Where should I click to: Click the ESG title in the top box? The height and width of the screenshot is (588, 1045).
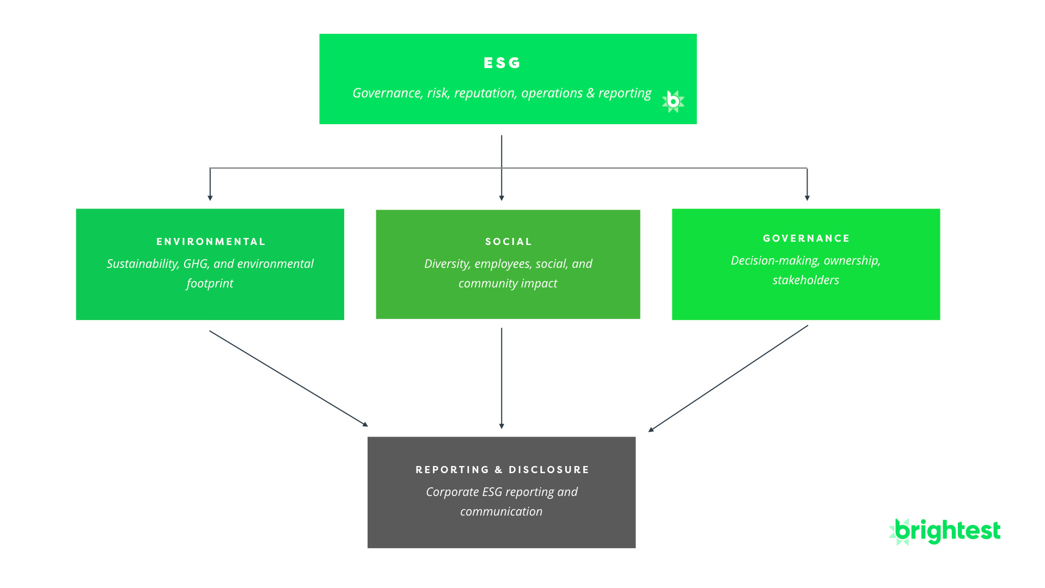pyautogui.click(x=502, y=63)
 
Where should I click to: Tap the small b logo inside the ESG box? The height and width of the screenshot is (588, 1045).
pyautogui.click(x=673, y=101)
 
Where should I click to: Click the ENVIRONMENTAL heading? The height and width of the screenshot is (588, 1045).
pyautogui.click(x=211, y=242)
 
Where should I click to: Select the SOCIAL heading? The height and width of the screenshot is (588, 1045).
pyautogui.click(x=509, y=242)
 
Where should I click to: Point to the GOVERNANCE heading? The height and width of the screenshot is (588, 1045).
pyautogui.click(x=806, y=238)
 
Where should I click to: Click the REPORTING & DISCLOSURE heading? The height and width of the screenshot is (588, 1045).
pyautogui.click(x=502, y=470)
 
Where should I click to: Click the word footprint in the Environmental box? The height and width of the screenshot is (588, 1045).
pyautogui.click(x=210, y=284)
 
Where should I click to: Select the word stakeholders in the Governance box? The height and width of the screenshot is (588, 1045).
pyautogui.click(x=805, y=280)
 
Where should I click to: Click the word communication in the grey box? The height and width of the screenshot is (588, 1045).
pyautogui.click(x=501, y=512)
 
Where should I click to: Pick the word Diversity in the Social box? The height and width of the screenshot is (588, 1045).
pyautogui.click(x=447, y=264)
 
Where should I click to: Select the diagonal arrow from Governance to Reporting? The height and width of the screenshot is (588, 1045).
pyautogui.click(x=728, y=378)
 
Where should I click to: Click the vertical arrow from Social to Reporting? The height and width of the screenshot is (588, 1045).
pyautogui.click(x=502, y=378)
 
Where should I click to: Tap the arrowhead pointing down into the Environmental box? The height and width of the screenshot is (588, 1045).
pyautogui.click(x=210, y=198)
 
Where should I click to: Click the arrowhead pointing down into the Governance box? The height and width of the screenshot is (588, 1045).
pyautogui.click(x=807, y=198)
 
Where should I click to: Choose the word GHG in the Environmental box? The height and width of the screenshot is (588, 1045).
pyautogui.click(x=196, y=264)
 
